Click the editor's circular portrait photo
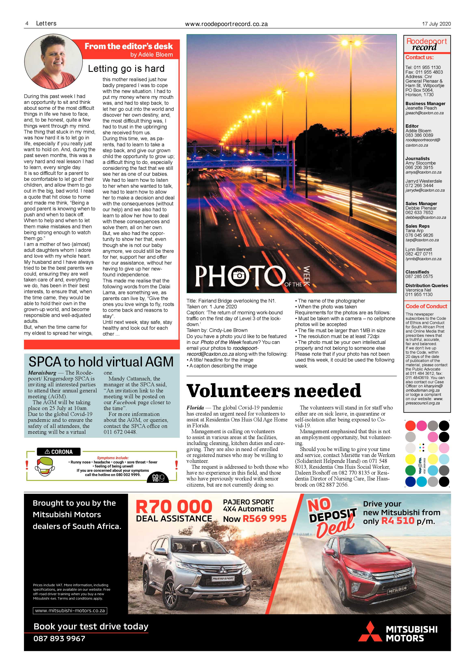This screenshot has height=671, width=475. pyautogui.click(x=53, y=62)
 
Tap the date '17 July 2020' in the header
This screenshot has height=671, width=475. pyautogui.click(x=436, y=24)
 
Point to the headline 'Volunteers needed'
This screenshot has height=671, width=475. pyautogui.click(x=274, y=391)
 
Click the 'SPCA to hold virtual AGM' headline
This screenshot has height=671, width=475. pyautogui.click(x=101, y=362)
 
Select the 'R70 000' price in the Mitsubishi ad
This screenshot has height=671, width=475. pyautogui.click(x=174, y=507)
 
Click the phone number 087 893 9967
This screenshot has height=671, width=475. pyautogui.click(x=59, y=639)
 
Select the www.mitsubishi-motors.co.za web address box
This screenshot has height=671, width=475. pyautogui.click(x=70, y=611)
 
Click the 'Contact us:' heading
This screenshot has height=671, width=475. pyautogui.click(x=419, y=58)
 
